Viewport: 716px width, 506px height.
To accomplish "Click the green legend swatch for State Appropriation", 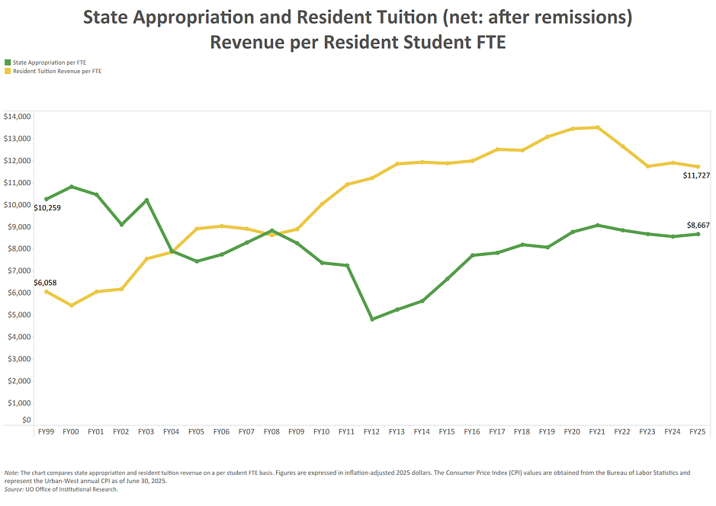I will (8, 62).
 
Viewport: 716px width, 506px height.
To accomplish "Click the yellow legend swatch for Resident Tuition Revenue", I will (8, 71).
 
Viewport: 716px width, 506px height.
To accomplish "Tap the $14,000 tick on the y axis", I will (17, 117).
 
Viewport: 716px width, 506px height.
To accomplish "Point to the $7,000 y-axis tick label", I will (17, 271).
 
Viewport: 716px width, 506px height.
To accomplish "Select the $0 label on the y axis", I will (27, 420).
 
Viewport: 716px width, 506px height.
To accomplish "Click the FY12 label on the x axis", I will (371, 432).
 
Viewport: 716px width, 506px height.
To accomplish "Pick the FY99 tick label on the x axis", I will (46, 432).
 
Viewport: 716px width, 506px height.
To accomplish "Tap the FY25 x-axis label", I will (697, 432).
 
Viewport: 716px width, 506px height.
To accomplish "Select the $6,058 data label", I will (45, 283).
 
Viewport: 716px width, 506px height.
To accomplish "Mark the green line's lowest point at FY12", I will (372, 319).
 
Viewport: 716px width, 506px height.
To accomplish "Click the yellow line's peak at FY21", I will (597, 127).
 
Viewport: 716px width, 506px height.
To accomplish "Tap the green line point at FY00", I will (71, 187).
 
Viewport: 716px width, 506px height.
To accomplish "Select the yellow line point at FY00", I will (71, 306).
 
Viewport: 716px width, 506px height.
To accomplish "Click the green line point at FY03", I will (146, 200).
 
